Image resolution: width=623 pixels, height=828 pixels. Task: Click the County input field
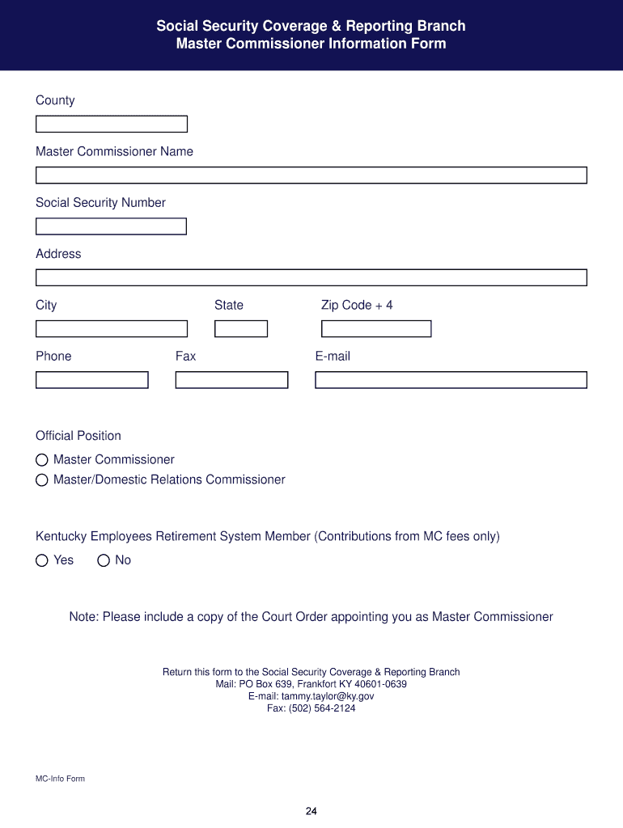(x=112, y=124)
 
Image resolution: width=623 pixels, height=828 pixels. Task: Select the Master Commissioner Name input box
(x=311, y=175)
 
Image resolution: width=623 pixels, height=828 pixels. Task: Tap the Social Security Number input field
(x=111, y=226)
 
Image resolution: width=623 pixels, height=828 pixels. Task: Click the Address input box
(x=311, y=277)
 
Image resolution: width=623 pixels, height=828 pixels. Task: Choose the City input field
(x=112, y=329)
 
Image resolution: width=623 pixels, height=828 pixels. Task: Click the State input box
(x=240, y=329)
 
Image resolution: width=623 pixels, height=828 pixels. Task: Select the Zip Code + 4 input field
(x=376, y=329)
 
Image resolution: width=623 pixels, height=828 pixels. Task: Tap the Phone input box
(x=92, y=380)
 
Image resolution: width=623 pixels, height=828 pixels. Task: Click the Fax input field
(x=231, y=380)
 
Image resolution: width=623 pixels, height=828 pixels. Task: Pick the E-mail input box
(x=451, y=380)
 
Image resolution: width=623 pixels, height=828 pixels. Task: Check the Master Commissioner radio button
(x=42, y=460)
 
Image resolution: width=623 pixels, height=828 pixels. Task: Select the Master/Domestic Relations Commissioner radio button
(x=42, y=480)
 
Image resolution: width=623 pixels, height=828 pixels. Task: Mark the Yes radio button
(x=42, y=560)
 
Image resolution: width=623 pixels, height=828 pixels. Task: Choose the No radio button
(x=104, y=560)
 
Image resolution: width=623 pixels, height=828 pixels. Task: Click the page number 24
(x=311, y=812)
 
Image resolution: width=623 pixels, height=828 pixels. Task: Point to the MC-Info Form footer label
(x=60, y=779)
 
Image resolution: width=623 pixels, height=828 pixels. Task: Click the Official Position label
(x=78, y=436)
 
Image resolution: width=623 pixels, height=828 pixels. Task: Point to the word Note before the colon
(x=83, y=617)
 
